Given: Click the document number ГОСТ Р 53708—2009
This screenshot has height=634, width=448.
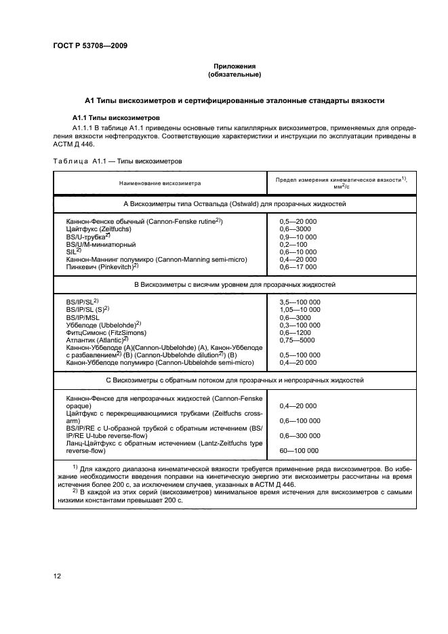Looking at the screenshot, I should tap(89, 45).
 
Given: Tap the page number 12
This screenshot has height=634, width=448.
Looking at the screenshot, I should tap(58, 576).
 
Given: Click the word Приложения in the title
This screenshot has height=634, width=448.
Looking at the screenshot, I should tap(235, 66).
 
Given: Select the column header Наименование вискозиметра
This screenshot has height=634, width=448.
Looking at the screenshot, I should tap(160, 183).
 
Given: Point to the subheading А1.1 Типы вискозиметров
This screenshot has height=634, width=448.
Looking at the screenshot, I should tap(116, 117).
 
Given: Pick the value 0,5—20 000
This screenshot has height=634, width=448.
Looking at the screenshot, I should tap(298, 222).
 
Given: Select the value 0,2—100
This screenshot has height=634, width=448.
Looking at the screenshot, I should tap(293, 244).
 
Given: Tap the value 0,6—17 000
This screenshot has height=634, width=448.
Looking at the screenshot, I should tap(298, 266).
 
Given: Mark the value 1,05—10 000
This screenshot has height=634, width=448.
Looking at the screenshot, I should tap(300, 309).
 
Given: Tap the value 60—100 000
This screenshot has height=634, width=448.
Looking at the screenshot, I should tap(299, 450).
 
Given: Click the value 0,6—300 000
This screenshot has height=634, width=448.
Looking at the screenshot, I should tap(300, 435).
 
